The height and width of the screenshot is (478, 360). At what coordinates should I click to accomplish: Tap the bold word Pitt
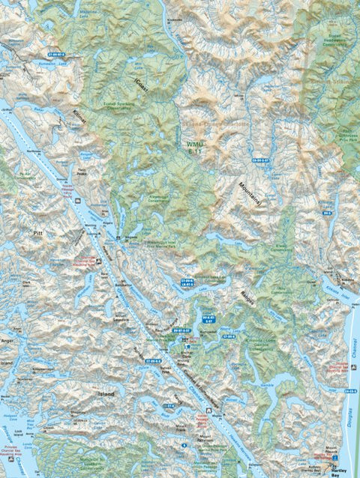click(x=38, y=234)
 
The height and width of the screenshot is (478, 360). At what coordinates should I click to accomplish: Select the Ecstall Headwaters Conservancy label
click(x=330, y=37)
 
